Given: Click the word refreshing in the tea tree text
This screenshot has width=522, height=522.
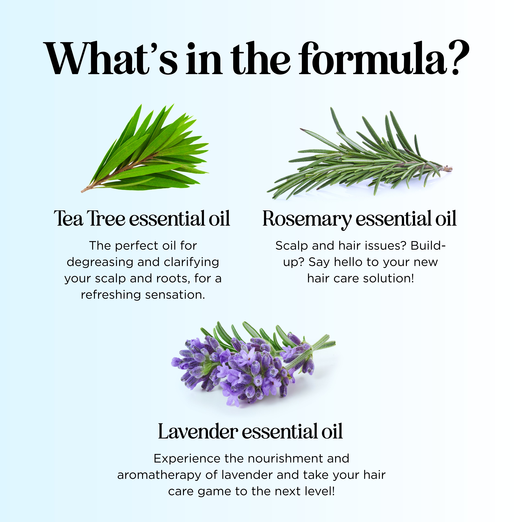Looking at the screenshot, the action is [111, 295].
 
